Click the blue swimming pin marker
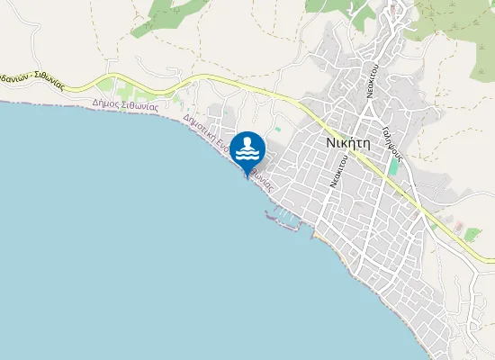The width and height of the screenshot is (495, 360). [247, 149]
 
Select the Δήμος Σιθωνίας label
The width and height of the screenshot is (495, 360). [125, 103]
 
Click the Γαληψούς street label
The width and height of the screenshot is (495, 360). [392, 139]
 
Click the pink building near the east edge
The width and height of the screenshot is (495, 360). [459, 224]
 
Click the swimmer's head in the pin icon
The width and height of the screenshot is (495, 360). [247, 140]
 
